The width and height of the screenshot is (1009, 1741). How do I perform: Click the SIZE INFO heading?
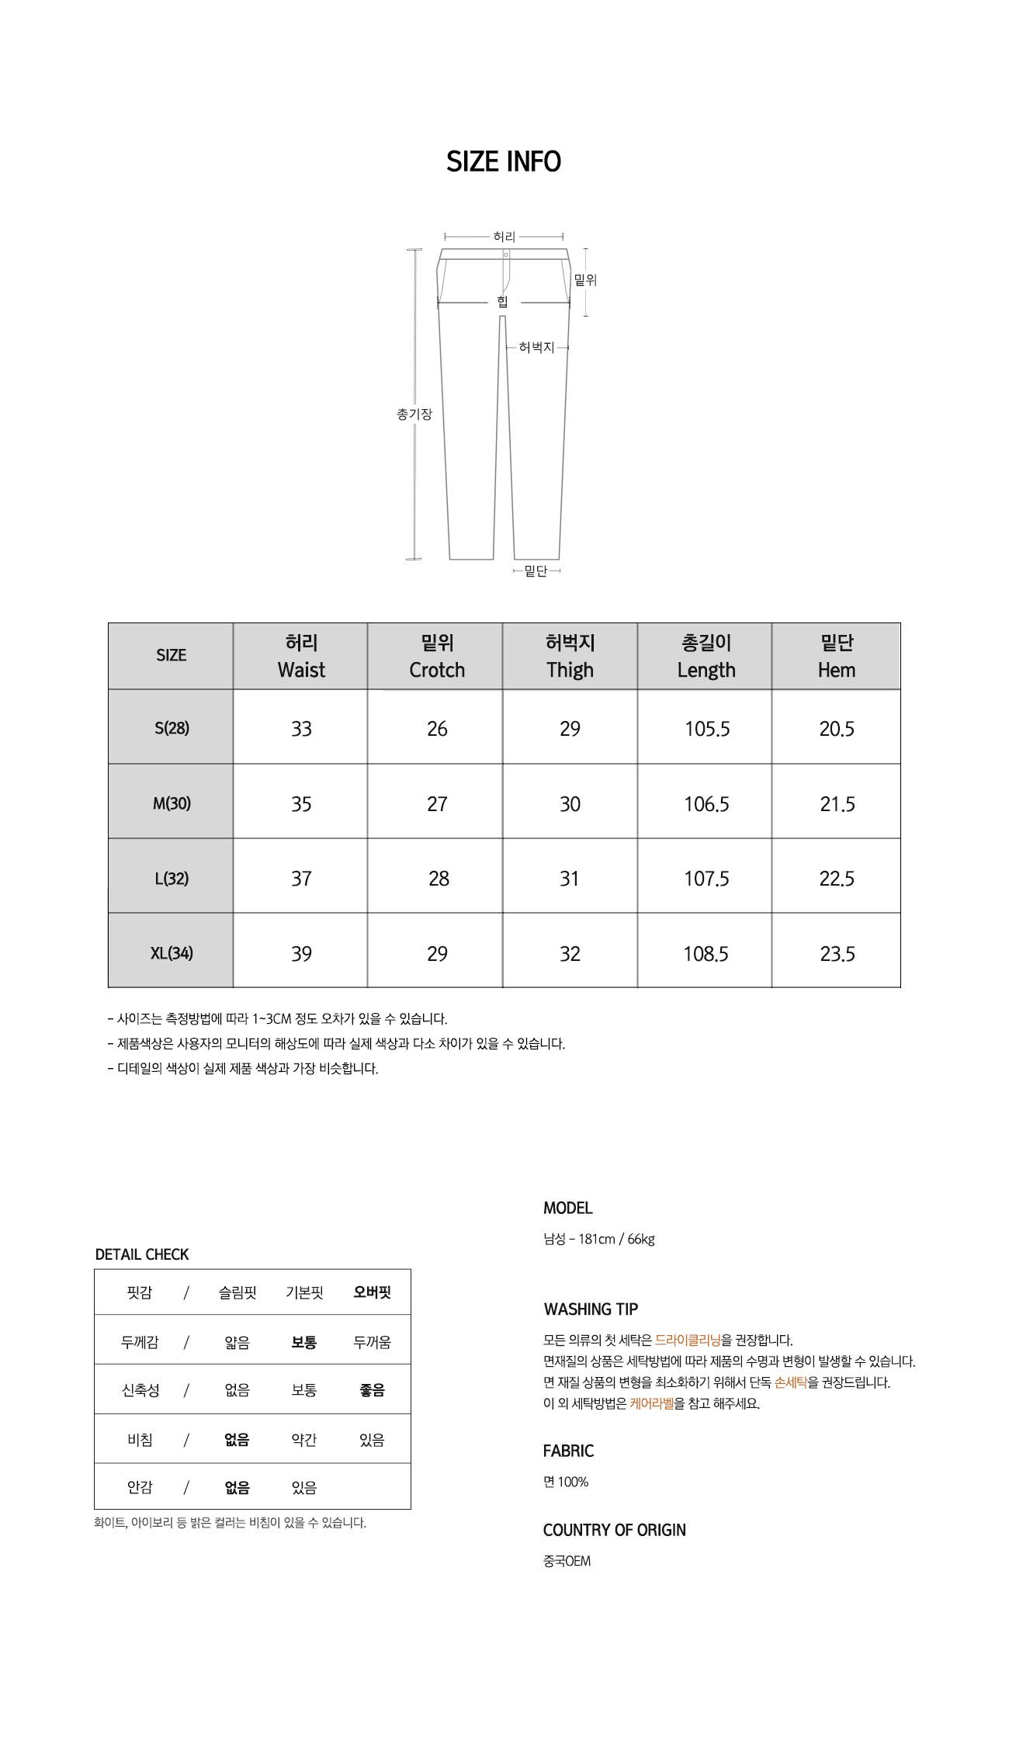(504, 161)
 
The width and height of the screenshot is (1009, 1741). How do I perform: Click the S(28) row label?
(172, 728)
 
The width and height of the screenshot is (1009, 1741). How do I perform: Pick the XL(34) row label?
(172, 953)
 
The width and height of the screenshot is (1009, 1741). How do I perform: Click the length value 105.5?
(706, 729)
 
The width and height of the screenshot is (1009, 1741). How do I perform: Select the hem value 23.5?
(837, 954)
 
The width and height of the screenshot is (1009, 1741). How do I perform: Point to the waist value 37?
(301, 879)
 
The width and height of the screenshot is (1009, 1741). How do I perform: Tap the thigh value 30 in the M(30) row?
(570, 804)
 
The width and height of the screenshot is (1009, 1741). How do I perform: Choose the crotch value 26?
(437, 729)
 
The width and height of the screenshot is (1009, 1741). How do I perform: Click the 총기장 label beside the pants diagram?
(414, 414)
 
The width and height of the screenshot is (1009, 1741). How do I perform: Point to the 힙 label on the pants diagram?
(502, 302)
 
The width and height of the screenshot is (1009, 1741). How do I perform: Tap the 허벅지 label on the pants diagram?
(536, 348)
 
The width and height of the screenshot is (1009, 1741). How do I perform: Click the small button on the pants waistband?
(505, 255)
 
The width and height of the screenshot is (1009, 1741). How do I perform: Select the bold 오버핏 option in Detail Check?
(372, 1292)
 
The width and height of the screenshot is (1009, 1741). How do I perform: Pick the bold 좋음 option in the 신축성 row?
(372, 1390)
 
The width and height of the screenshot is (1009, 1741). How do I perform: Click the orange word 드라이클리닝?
(688, 1340)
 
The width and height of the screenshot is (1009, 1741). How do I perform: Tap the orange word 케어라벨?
(652, 1403)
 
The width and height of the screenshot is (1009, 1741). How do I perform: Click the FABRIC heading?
(568, 1451)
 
